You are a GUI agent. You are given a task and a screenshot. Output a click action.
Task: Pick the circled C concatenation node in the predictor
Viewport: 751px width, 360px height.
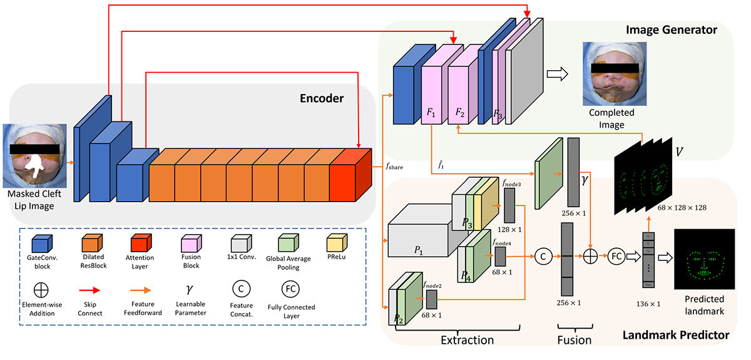[542, 256]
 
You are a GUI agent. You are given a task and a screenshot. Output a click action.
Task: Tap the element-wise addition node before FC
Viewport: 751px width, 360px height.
[590, 256]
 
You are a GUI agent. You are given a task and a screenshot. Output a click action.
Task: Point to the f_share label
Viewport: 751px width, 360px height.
[395, 167]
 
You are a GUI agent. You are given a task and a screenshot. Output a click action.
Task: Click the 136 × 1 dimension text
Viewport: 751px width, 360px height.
[649, 304]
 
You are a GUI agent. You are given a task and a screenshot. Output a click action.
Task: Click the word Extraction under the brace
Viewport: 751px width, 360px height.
[467, 340]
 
